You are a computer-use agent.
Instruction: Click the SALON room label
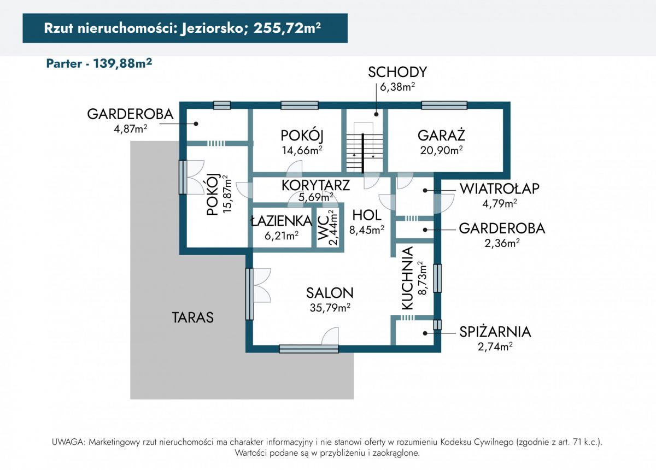click(x=330, y=293)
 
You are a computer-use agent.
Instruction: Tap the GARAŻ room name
click(x=441, y=136)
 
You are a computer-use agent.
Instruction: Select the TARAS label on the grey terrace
click(x=192, y=318)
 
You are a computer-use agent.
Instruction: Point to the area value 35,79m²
click(x=330, y=307)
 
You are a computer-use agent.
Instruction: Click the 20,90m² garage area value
click(x=441, y=150)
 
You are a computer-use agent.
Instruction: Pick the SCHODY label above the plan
click(x=397, y=72)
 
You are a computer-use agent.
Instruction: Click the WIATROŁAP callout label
click(x=500, y=189)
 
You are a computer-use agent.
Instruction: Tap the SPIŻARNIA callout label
click(x=495, y=332)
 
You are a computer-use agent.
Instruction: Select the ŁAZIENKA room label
click(x=282, y=221)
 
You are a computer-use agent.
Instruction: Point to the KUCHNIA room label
click(x=407, y=278)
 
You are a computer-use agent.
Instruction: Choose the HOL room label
click(x=367, y=215)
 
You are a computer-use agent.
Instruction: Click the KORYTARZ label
click(x=316, y=185)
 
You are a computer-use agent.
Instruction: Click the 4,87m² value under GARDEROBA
click(x=130, y=128)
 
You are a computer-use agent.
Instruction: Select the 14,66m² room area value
click(x=302, y=150)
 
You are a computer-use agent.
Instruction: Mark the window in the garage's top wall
click(x=444, y=105)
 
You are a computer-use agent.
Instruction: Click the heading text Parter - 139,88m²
click(x=99, y=63)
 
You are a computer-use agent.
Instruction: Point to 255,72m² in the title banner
click(x=287, y=28)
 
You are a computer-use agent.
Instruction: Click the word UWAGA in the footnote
click(x=68, y=442)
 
